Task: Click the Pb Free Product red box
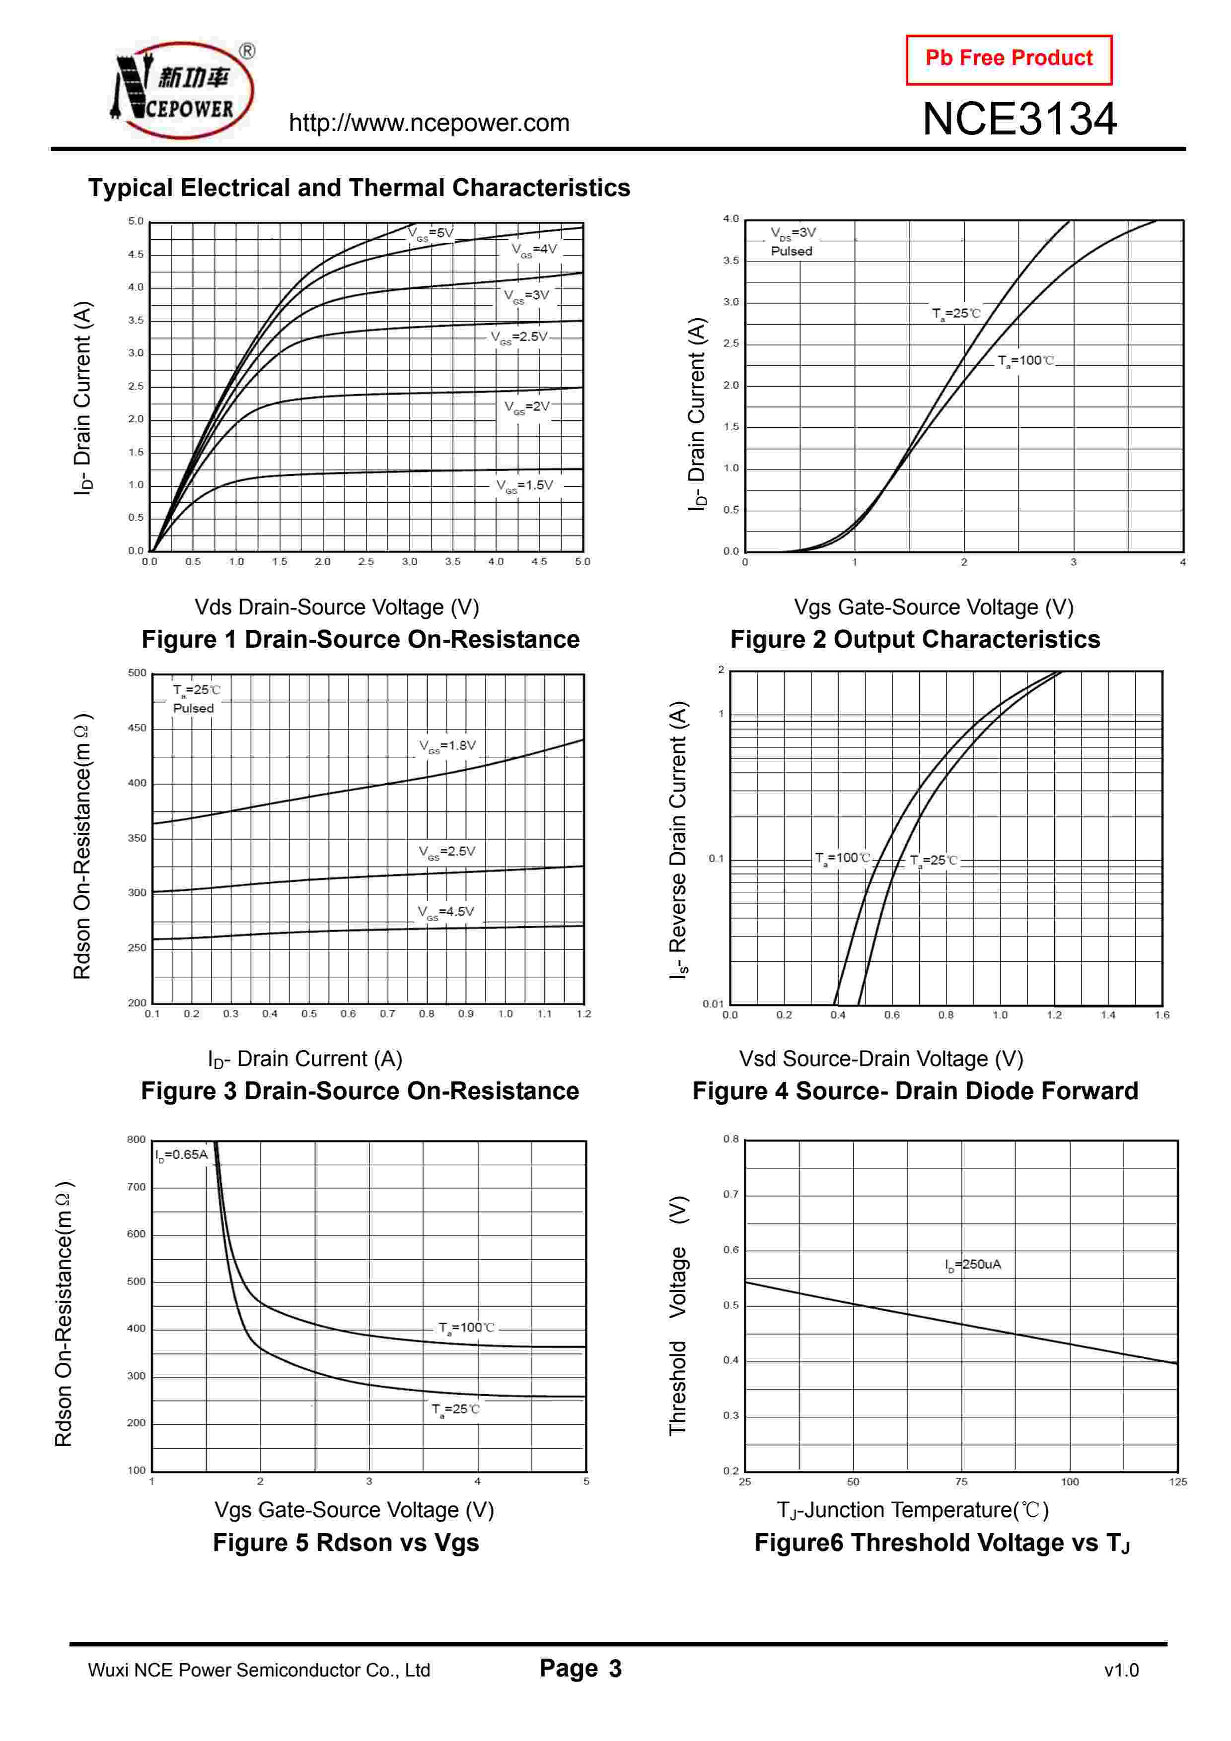(1008, 59)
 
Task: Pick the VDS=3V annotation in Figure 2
(793, 233)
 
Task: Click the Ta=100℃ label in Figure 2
(1025, 361)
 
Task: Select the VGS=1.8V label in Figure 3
(447, 746)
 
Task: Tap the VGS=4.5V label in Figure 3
(445, 912)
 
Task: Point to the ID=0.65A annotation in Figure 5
(181, 1155)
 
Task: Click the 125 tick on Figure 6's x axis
(1177, 1481)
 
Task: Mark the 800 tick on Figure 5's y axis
(137, 1139)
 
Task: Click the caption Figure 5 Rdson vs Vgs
(346, 1542)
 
